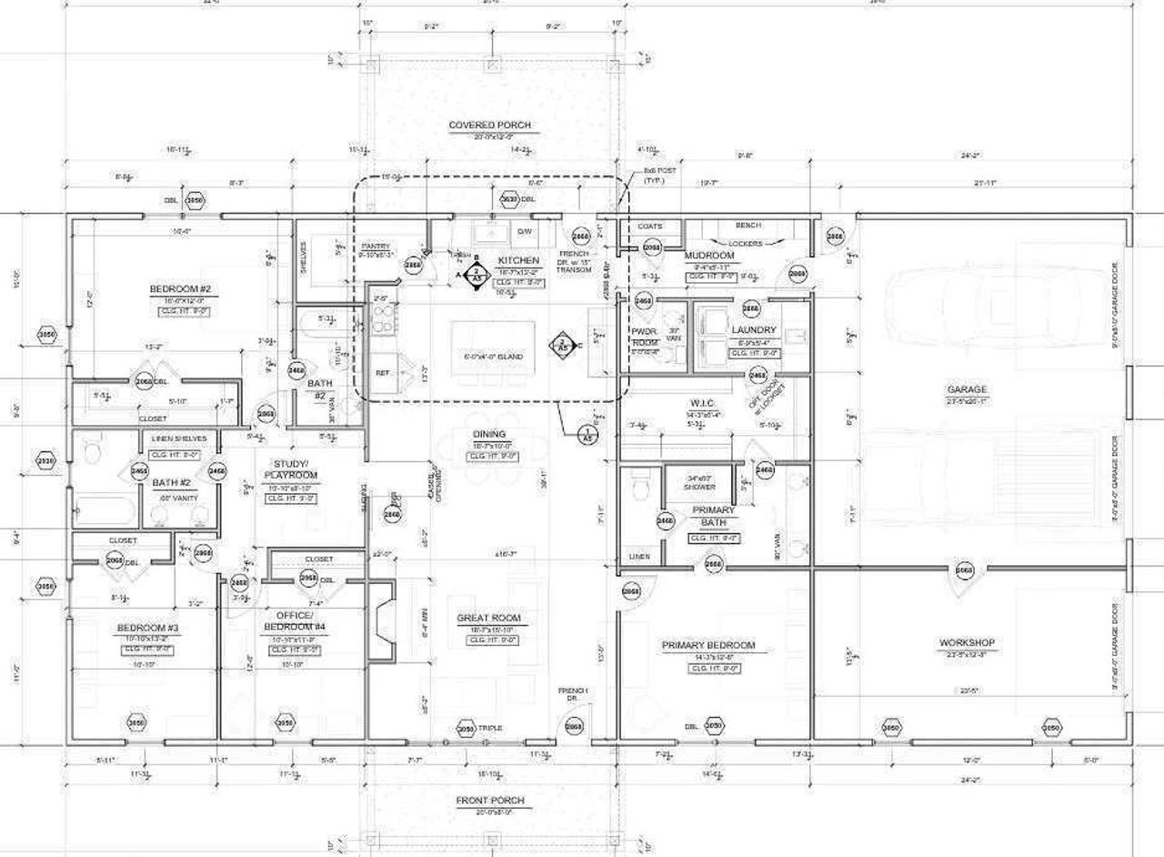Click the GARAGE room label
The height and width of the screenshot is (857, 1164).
966,389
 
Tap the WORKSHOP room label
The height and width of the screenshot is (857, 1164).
966,642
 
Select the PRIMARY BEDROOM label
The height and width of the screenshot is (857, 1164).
708,645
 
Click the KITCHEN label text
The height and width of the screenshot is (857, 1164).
518,260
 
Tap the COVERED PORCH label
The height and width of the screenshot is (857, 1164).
489,125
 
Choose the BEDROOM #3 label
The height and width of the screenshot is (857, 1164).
146,628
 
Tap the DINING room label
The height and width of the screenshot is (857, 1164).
489,434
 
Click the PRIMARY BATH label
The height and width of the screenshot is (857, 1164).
713,517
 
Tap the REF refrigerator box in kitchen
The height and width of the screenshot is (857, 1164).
382,373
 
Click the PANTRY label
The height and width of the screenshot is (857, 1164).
376,247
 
